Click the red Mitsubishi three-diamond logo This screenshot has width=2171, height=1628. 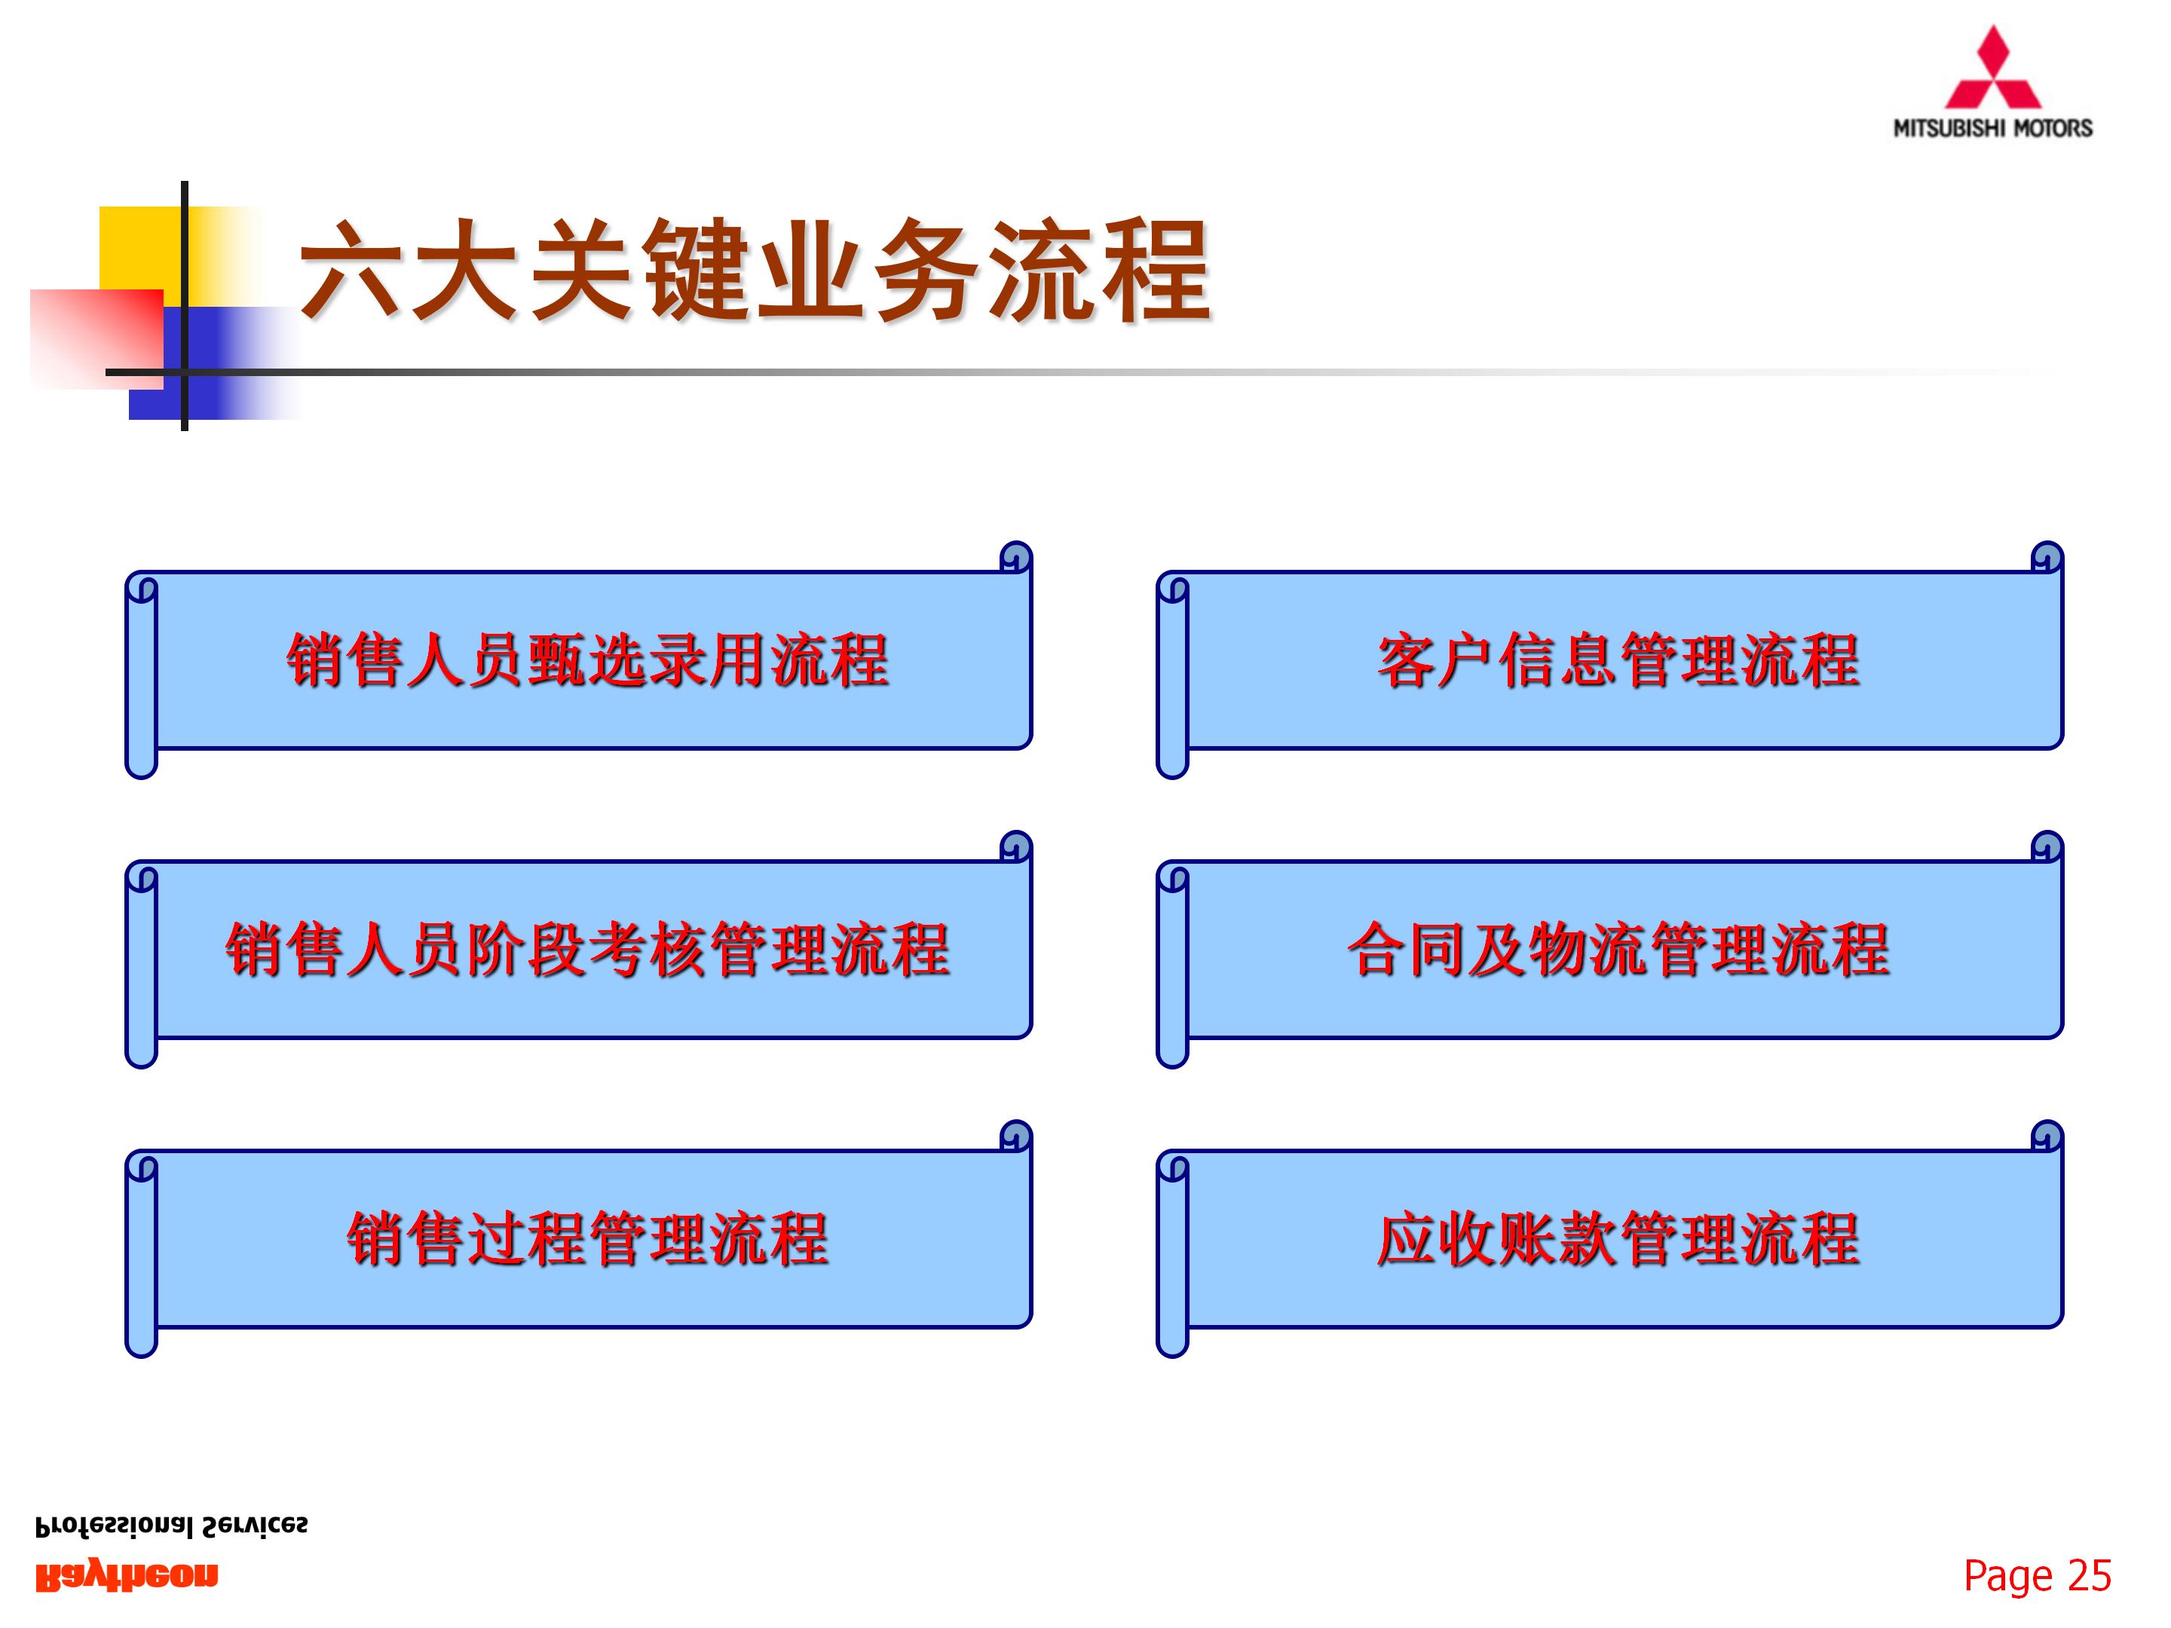(1992, 71)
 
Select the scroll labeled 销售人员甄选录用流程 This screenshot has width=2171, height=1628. (587, 659)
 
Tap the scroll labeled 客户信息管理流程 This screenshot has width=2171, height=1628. (1618, 659)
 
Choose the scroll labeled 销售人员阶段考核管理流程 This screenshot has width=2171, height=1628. (587, 949)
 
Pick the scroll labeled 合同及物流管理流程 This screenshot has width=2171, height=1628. (1618, 949)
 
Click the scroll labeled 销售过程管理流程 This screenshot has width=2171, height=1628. (587, 1238)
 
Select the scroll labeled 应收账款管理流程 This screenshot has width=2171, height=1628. (1618, 1238)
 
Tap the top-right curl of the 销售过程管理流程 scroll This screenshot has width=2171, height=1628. (1016, 1135)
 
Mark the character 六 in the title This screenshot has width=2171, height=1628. (354, 270)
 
